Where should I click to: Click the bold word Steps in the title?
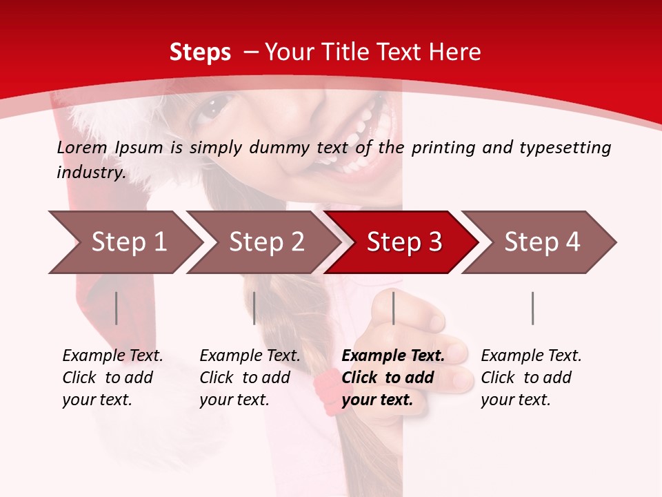pyautogui.click(x=200, y=52)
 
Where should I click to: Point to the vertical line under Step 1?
pyautogui.click(x=117, y=308)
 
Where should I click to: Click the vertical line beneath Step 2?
pyautogui.click(x=254, y=308)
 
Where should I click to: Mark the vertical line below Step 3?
pyautogui.click(x=393, y=308)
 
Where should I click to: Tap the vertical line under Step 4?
pyautogui.click(x=532, y=308)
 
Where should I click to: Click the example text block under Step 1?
pyautogui.click(x=112, y=378)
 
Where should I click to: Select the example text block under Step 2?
pyautogui.click(x=250, y=378)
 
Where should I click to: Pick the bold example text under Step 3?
pyautogui.click(x=393, y=378)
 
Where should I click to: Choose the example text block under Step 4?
pyautogui.click(x=531, y=378)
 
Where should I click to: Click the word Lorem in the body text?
pyautogui.click(x=81, y=147)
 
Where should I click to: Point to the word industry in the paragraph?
pyautogui.click(x=90, y=173)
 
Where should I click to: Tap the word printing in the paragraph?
pyautogui.click(x=441, y=148)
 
